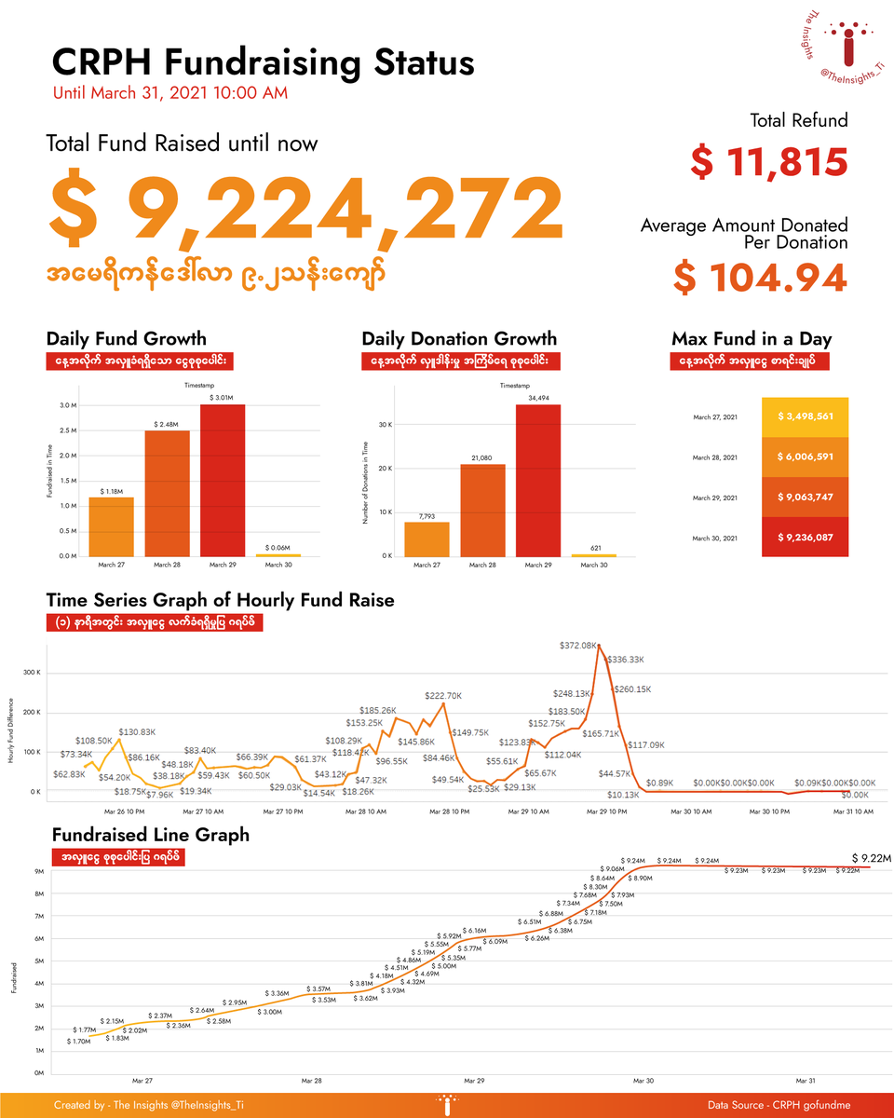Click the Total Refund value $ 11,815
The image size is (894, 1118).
[769, 162]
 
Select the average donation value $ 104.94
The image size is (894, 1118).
[761, 278]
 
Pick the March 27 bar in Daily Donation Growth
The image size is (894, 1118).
[427, 539]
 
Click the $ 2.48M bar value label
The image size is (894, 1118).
[166, 424]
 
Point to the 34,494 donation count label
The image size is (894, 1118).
[537, 398]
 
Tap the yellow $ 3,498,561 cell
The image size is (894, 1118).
[805, 416]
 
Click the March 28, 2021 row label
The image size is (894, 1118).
[716, 457]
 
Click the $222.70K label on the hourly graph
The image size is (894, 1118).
[443, 696]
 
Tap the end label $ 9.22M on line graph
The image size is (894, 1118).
[873, 857]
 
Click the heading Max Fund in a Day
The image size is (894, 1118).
[751, 339]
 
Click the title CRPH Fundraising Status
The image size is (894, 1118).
[264, 62]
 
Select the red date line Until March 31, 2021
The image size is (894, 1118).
[170, 93]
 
